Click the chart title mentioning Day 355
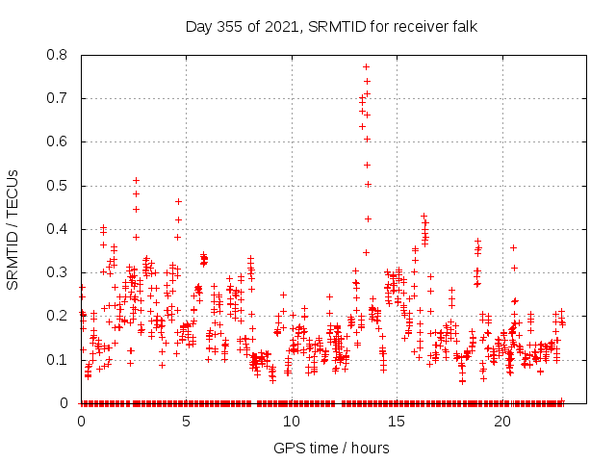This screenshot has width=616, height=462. pyautogui.click(x=332, y=26)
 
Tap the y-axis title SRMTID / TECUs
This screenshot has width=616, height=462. pyautogui.click(x=13, y=229)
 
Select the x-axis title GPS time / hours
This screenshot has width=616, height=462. pyautogui.click(x=332, y=448)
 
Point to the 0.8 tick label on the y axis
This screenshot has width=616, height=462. pyautogui.click(x=58, y=55)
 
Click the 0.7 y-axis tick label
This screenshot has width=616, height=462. pyautogui.click(x=58, y=98)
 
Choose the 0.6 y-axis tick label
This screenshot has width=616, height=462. pyautogui.click(x=58, y=141)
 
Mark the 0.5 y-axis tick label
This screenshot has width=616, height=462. pyautogui.click(x=58, y=185)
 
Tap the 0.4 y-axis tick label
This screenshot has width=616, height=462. pyautogui.click(x=58, y=229)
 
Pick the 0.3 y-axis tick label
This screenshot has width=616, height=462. pyautogui.click(x=58, y=272)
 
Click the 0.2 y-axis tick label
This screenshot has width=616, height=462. pyautogui.click(x=58, y=316)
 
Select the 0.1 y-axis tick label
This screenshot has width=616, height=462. pyautogui.click(x=58, y=359)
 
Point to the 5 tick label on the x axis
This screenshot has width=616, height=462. pyautogui.click(x=187, y=422)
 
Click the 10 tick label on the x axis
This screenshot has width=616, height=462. pyautogui.click(x=292, y=422)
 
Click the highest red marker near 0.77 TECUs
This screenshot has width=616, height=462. pyautogui.click(x=366, y=66)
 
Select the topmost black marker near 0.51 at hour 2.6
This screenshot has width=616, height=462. pyautogui.click(x=136, y=180)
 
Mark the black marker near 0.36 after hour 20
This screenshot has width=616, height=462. pyautogui.click(x=513, y=247)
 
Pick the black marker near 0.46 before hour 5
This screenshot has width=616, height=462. pyautogui.click(x=178, y=201)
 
